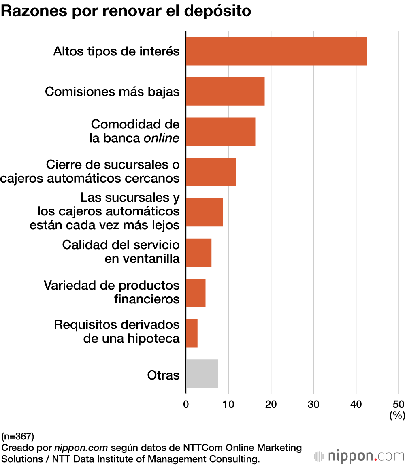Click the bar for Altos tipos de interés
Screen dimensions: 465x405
click(x=276, y=51)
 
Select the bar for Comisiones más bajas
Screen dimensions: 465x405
click(x=225, y=92)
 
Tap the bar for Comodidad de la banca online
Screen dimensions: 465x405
click(x=220, y=132)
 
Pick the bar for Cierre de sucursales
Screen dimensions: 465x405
click(x=211, y=172)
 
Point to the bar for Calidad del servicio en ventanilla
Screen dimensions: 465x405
click(x=198, y=252)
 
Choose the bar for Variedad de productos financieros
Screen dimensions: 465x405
click(x=196, y=293)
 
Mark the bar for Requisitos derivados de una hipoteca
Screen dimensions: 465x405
click(x=192, y=333)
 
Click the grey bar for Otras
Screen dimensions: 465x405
click(x=202, y=373)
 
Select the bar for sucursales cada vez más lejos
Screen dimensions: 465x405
click(x=204, y=212)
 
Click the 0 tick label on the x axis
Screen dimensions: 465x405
click(x=186, y=404)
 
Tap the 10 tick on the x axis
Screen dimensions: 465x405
click(x=228, y=404)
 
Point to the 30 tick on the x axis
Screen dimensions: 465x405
click(x=313, y=404)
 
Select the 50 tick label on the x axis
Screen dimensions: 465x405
click(x=399, y=404)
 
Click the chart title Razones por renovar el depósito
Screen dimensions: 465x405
click(x=126, y=11)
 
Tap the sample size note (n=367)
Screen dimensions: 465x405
click(x=18, y=436)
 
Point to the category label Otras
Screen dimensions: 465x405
click(x=163, y=375)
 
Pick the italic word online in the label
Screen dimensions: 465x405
click(x=161, y=138)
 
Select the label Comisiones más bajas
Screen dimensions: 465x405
click(x=112, y=92)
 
